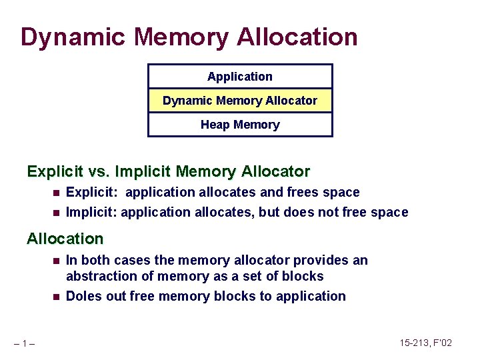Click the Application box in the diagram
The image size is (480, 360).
[x=240, y=77]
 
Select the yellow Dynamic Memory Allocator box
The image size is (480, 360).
[x=240, y=101]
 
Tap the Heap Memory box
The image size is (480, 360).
[x=240, y=125]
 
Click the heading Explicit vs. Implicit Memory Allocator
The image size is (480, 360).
[x=168, y=172]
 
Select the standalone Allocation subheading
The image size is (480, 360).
[x=65, y=239]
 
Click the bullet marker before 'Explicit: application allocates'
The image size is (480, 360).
[x=56, y=193]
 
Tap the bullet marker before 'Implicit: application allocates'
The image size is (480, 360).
[x=56, y=213]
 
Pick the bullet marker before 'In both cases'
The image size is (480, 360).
[x=56, y=261]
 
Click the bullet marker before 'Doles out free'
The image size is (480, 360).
[x=56, y=297]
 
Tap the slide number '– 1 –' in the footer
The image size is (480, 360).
[x=27, y=343]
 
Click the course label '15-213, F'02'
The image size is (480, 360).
[x=426, y=343]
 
